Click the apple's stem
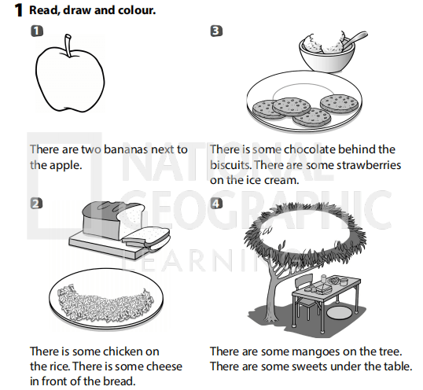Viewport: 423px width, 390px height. tap(68, 46)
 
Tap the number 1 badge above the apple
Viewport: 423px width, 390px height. tap(37, 31)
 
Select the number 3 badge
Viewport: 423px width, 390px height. tap(216, 31)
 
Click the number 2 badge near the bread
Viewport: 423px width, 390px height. tap(37, 204)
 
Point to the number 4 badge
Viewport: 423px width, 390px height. tap(216, 204)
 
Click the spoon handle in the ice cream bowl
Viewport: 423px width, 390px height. tap(356, 38)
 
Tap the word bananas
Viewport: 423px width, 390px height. tap(126, 149)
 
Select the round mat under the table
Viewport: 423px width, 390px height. tap(339, 312)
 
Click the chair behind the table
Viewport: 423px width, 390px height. tap(306, 294)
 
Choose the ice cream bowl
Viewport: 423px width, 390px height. tap(327, 57)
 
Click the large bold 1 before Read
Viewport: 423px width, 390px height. tap(18, 11)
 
